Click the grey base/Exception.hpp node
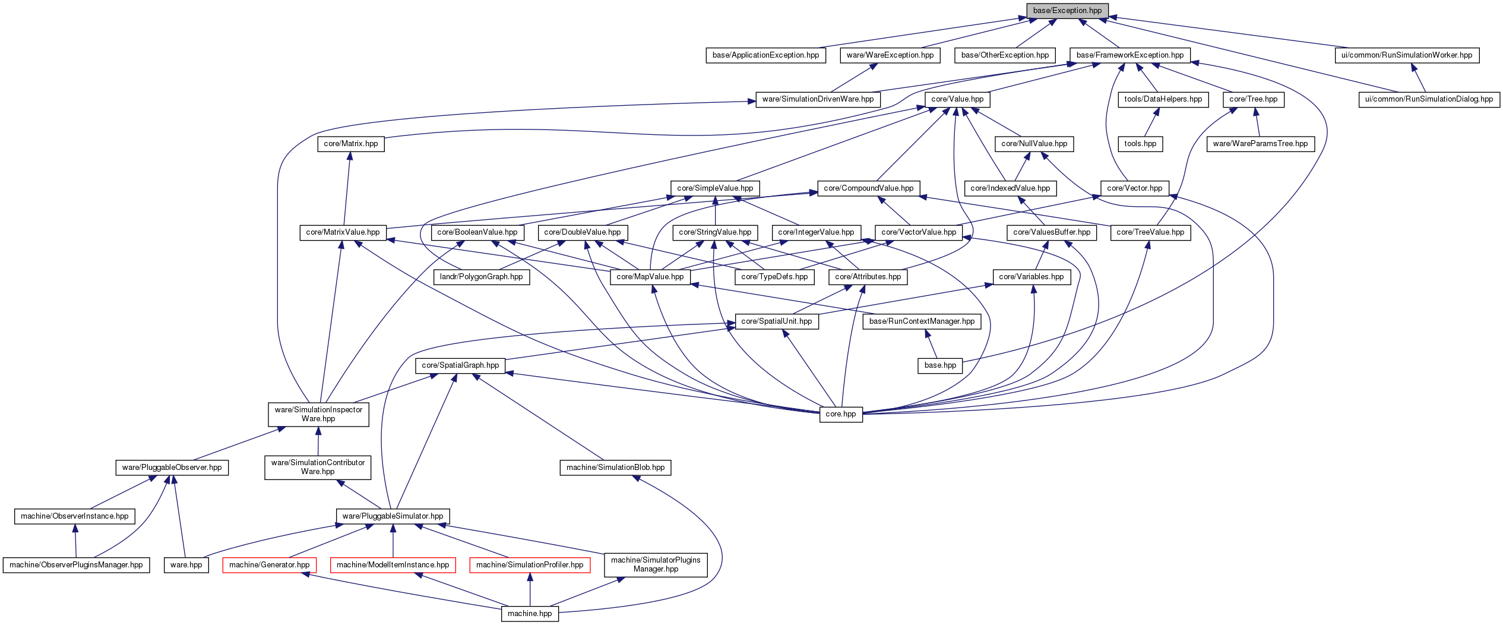click(x=1067, y=11)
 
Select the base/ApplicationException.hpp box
click(x=765, y=55)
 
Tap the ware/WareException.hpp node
click(x=890, y=55)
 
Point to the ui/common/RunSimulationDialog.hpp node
click(x=1429, y=99)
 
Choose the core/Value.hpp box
click(x=957, y=99)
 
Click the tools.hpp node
click(x=1140, y=144)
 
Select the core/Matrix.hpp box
click(x=351, y=144)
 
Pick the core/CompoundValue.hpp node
click(x=869, y=188)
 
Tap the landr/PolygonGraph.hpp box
click(x=482, y=277)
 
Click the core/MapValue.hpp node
click(x=650, y=277)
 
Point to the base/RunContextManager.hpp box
click(x=922, y=321)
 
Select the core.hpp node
click(x=841, y=414)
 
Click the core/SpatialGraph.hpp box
click(x=460, y=365)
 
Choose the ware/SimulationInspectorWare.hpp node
click(x=318, y=414)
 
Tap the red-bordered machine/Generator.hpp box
click(x=269, y=565)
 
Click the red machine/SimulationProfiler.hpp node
click(x=530, y=565)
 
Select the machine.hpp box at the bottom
click(x=530, y=614)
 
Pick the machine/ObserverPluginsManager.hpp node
click(x=76, y=565)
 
